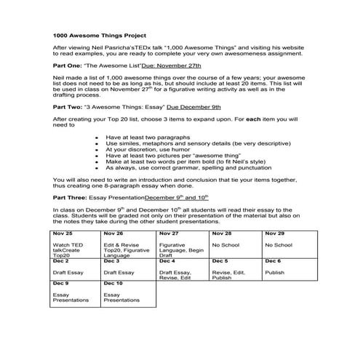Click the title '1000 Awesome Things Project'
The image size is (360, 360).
pyautogui.click(x=100, y=34)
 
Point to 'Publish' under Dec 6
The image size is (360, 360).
pyautogui.click(x=274, y=273)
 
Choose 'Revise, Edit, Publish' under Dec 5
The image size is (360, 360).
pyautogui.click(x=231, y=276)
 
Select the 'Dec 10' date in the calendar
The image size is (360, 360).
pyautogui.click(x=114, y=282)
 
